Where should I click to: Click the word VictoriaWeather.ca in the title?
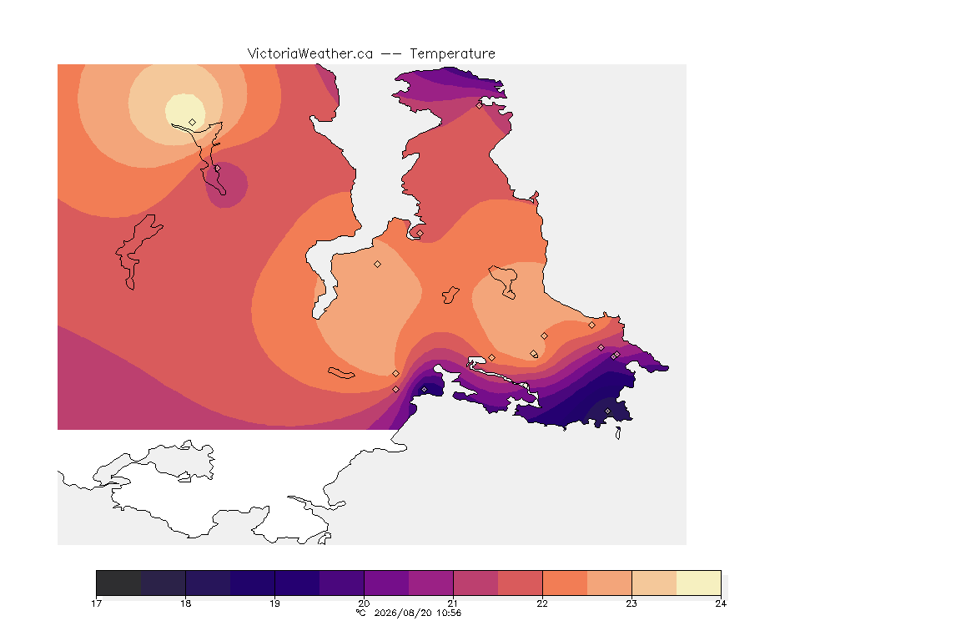click(x=310, y=54)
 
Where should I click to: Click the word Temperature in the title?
click(x=452, y=54)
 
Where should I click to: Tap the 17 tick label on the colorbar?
click(x=96, y=603)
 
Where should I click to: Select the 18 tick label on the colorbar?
click(x=186, y=603)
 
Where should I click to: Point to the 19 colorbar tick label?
click(x=274, y=603)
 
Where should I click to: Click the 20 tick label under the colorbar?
click(x=364, y=603)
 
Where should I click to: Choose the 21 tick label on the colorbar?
click(x=453, y=603)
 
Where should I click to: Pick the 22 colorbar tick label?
click(x=542, y=603)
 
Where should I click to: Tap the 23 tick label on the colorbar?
click(x=631, y=603)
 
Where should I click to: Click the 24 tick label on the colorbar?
click(x=721, y=603)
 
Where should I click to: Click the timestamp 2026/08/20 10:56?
click(x=417, y=613)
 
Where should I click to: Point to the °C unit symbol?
click(x=360, y=613)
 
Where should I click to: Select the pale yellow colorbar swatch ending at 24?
click(x=699, y=583)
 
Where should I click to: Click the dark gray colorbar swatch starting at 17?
click(x=119, y=583)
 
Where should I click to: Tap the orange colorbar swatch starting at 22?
click(x=565, y=583)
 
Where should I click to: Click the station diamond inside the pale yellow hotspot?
click(x=193, y=122)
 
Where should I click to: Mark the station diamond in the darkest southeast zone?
click(x=608, y=411)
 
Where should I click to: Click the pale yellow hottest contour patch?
click(x=185, y=111)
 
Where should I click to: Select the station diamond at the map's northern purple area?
click(x=480, y=105)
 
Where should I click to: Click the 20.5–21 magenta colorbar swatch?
click(x=430, y=583)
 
